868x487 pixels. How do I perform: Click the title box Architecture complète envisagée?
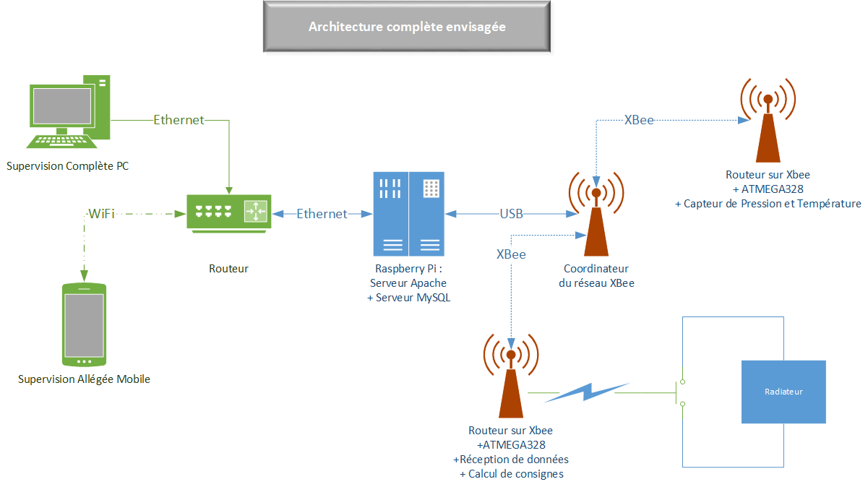(407, 27)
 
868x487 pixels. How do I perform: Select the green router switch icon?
(228, 212)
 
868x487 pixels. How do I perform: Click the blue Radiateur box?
(783, 392)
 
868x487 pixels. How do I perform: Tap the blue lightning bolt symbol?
(588, 392)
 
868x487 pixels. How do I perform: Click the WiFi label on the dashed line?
(101, 213)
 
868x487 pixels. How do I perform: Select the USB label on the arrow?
(512, 214)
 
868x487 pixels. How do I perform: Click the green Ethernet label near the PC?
(179, 120)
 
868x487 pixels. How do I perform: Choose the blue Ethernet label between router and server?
(322, 214)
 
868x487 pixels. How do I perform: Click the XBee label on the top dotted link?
(639, 121)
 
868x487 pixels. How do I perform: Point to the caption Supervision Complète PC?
(68, 166)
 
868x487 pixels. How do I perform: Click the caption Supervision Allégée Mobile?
(84, 379)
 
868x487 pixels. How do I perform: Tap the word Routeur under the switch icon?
(228, 269)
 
